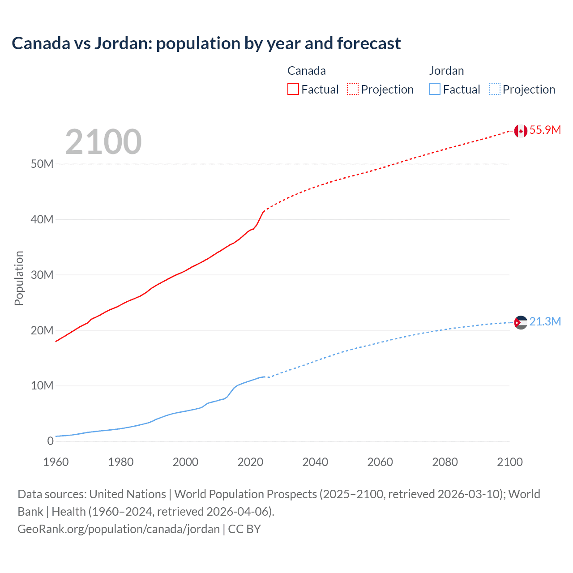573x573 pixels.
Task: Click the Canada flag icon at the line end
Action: point(520,131)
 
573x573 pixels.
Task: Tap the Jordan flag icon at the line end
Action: point(520,322)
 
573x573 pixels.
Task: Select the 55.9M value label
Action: point(545,130)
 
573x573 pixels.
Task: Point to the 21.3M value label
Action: point(545,321)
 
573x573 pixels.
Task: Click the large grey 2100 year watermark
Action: point(103,142)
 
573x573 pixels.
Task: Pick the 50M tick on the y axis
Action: point(42,164)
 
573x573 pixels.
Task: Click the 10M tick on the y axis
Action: point(42,385)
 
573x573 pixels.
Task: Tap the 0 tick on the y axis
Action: point(50,441)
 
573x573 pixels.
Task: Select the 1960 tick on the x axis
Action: point(56,462)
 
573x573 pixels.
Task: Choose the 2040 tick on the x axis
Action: point(315,462)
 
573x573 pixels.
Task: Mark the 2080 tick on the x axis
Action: point(445,462)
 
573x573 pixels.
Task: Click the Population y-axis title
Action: point(19,278)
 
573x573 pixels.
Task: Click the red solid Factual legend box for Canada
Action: point(293,89)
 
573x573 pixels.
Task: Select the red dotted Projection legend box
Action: point(353,89)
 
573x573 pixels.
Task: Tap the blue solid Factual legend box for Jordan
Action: point(435,89)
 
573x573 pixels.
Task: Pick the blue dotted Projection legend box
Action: point(494,89)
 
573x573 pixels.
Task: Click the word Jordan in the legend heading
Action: point(446,71)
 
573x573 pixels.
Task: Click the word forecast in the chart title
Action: point(369,43)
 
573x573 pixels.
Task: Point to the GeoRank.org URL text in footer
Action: point(119,529)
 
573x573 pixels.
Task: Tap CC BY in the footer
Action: point(244,529)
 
